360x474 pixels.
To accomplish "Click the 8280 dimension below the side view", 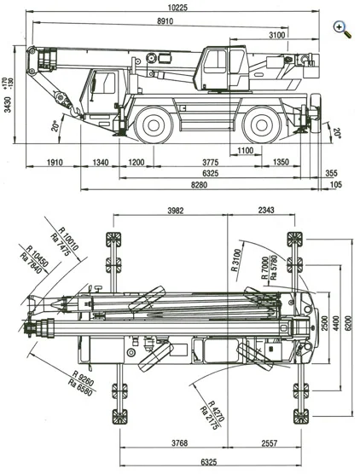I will pos(200,185).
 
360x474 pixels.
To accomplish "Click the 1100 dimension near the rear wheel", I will pos(246,151).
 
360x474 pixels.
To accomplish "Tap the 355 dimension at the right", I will pos(331,173).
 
